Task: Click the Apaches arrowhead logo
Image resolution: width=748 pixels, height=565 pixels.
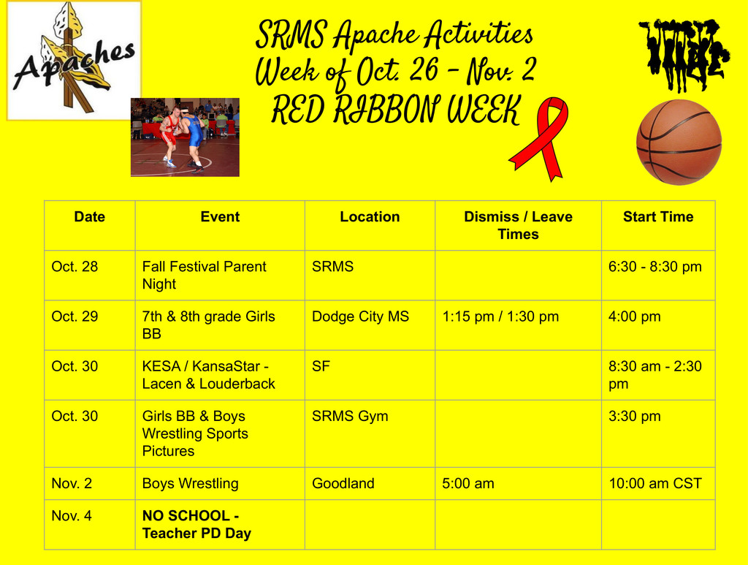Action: coord(74,60)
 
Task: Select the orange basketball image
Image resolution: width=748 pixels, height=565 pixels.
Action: coord(679,142)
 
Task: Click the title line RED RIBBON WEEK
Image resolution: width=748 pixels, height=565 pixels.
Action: coord(395,111)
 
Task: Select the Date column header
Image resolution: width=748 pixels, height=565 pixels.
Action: coord(89,217)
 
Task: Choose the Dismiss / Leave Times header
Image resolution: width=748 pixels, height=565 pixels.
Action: coord(518,225)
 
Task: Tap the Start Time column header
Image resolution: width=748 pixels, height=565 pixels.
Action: coord(657,217)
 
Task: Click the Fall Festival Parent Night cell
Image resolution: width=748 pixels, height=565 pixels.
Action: coord(205,276)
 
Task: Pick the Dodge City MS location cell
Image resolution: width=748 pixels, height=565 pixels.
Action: coord(360,316)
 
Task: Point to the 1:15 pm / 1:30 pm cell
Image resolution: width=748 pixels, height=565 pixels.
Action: coord(500,316)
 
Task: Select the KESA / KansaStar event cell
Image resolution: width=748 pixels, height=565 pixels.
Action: coord(209,375)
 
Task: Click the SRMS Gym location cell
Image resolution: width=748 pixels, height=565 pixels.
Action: coord(350,416)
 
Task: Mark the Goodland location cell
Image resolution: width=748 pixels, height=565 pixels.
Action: coord(343,483)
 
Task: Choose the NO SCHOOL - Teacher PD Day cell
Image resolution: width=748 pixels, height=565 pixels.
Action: coord(196,524)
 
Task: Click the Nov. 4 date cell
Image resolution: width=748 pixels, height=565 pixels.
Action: coord(72,515)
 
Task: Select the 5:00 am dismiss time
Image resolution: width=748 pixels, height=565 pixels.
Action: coord(468,483)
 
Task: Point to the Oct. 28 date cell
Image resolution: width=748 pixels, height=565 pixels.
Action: coord(75,267)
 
